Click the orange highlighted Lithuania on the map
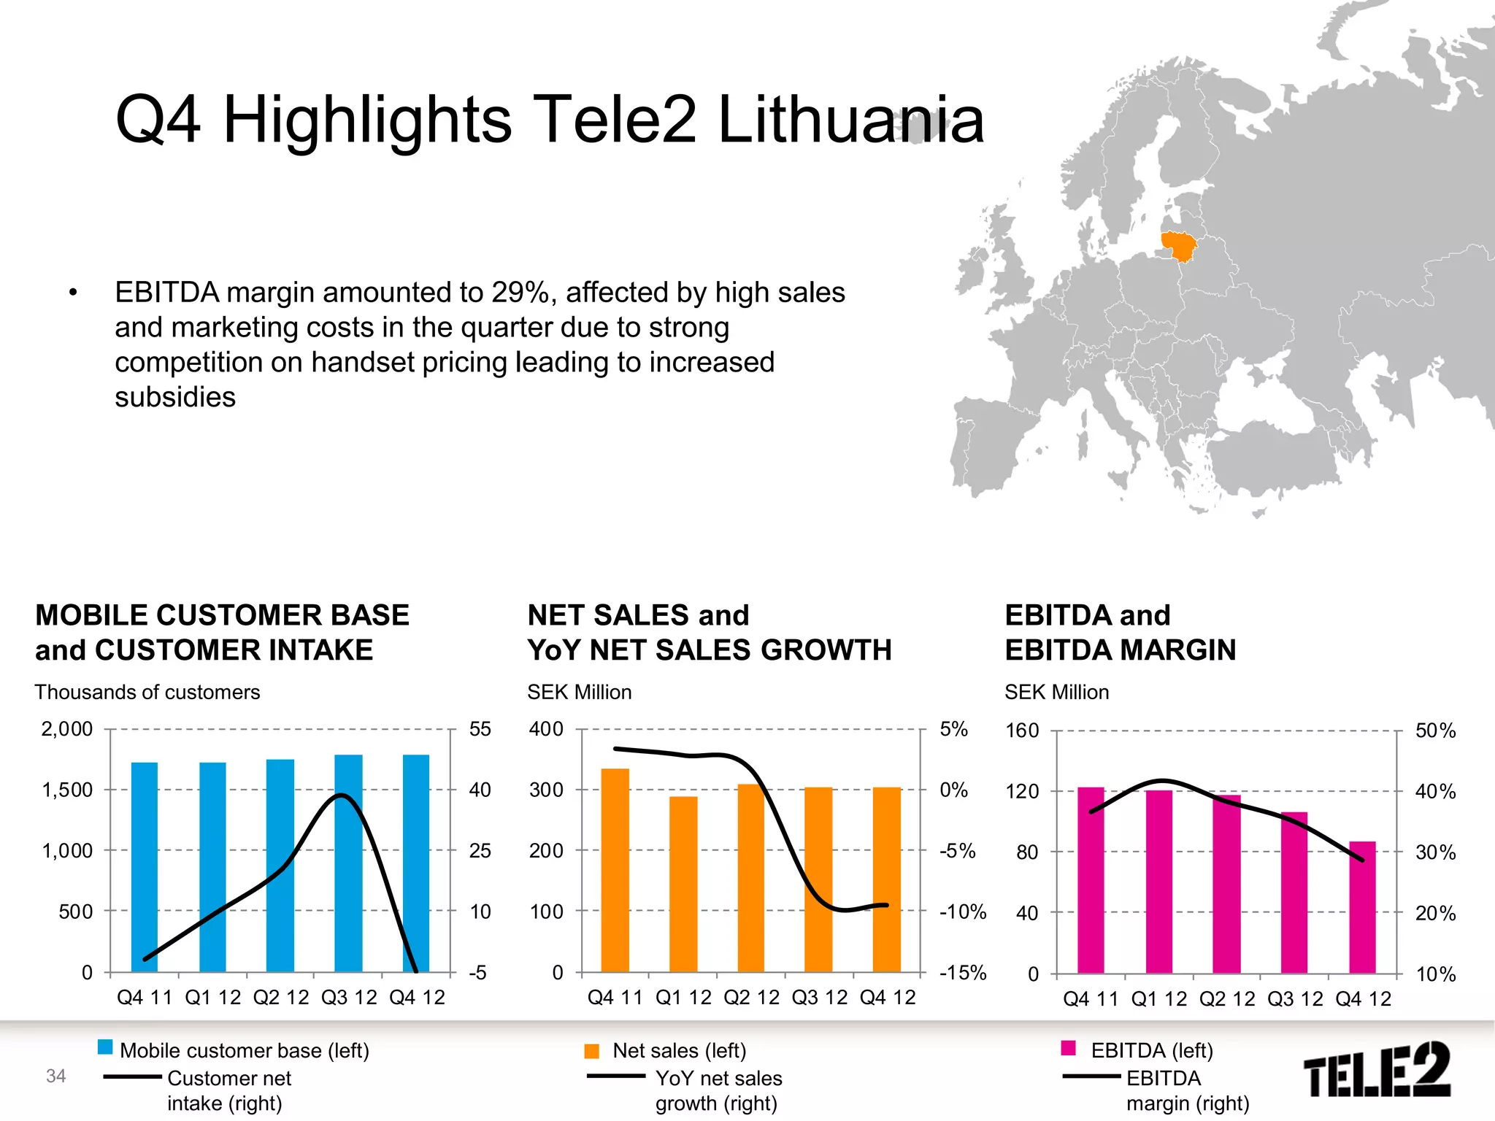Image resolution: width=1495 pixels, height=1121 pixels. pos(1178,245)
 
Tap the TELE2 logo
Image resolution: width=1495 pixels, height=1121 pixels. pos(1377,1071)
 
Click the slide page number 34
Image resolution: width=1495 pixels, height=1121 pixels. pos(55,1076)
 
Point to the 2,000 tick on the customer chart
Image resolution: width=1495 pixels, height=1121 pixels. pos(66,729)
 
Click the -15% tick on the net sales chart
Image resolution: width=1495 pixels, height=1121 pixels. pos(962,973)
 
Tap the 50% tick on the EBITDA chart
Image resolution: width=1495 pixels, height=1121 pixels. pos(1435,731)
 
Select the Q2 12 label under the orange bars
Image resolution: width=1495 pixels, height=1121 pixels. pos(751,998)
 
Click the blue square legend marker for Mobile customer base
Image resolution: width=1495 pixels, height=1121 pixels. pos(105,1048)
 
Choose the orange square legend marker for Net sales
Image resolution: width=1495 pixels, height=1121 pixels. pos(591,1051)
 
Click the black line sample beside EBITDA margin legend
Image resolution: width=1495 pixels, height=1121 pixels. pos(1091,1076)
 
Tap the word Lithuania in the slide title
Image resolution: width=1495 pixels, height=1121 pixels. pos(850,120)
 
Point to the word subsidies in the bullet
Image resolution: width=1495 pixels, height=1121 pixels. pos(175,398)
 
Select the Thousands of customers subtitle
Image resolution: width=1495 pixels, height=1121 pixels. pos(147,692)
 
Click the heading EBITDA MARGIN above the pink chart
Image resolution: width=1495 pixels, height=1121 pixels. pos(1120,650)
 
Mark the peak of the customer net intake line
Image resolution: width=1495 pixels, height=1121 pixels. pos(341,796)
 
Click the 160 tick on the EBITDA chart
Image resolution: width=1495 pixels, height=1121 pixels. pos(1022,731)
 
